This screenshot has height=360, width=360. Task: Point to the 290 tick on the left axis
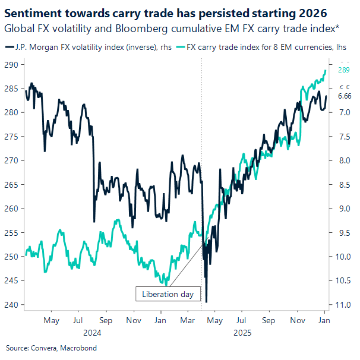[12, 64]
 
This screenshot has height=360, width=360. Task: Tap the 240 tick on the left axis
[12, 305]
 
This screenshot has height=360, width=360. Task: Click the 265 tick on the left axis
[12, 184]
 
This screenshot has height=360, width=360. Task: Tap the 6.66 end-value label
[345, 96]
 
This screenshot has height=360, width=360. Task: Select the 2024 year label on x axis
[92, 333]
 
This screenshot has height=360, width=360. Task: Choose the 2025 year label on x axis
[243, 333]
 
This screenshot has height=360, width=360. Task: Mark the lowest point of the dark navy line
[206, 302]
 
